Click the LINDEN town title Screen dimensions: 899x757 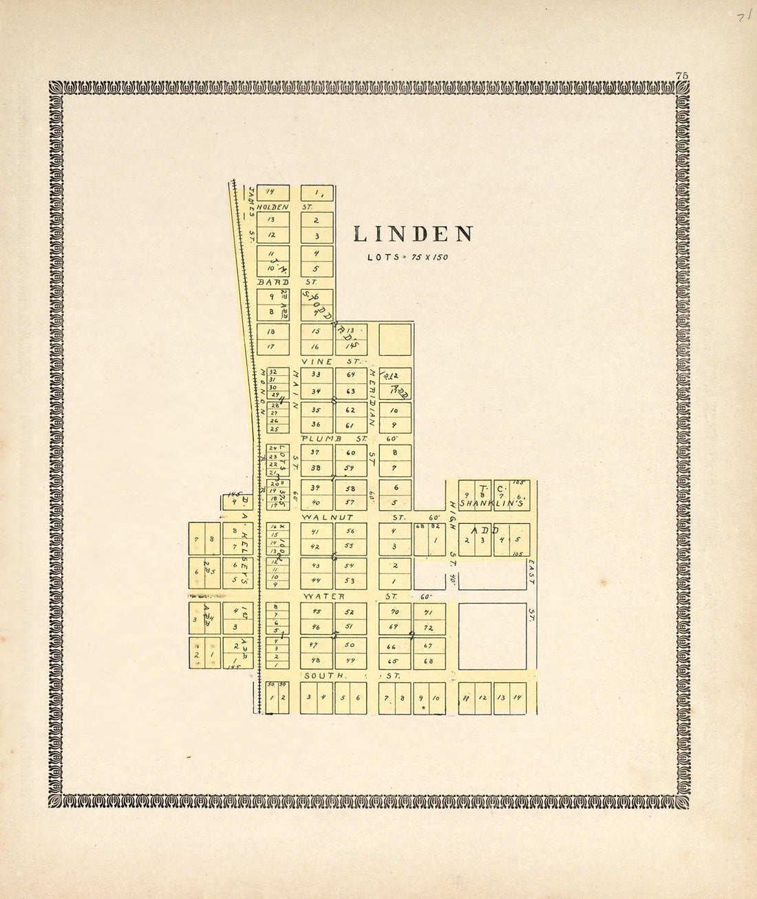tap(413, 235)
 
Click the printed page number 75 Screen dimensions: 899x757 tap(682, 76)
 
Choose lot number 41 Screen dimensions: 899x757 tap(315, 532)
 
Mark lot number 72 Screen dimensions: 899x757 tap(429, 628)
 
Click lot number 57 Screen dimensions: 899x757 tap(351, 502)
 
